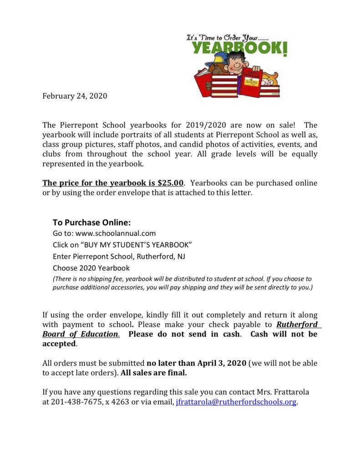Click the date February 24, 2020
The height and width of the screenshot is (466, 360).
(75, 96)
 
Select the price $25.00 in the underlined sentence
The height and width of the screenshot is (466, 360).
(170, 183)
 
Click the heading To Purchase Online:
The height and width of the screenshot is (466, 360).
(91, 223)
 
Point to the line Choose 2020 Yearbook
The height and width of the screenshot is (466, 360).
(91, 268)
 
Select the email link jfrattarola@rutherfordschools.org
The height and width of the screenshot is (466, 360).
(236, 402)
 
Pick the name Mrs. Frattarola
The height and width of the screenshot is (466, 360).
(282, 392)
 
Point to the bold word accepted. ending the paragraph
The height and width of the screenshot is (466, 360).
(59, 344)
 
